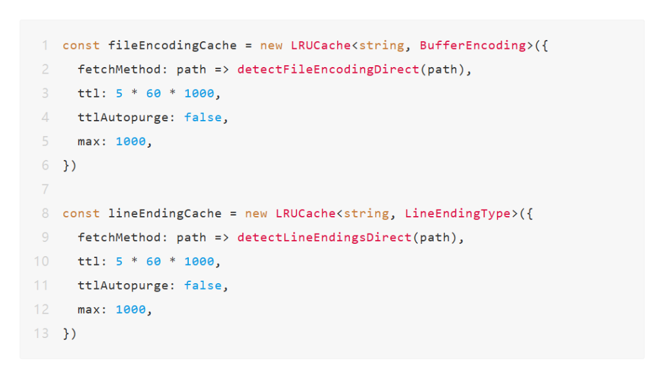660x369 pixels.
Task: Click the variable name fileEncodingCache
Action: coord(173,46)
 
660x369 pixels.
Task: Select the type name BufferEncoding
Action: coord(472,46)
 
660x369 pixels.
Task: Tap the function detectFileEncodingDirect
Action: coord(328,70)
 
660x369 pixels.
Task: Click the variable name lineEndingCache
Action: coord(165,214)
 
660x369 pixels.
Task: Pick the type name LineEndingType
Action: coord(458,214)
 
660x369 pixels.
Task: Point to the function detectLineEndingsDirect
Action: coord(325,237)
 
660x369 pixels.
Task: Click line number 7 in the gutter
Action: coord(45,189)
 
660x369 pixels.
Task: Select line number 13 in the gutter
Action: coord(41,334)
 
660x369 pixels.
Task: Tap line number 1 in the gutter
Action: coord(45,45)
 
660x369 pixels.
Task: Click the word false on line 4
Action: coord(203,117)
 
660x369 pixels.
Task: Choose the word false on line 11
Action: coord(203,285)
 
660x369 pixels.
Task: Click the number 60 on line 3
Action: coord(153,93)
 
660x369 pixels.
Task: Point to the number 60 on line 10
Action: coord(153,261)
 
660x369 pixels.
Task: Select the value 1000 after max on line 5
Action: coord(131,141)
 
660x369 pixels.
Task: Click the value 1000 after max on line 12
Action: coord(131,309)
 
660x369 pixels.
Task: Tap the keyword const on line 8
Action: coord(81,214)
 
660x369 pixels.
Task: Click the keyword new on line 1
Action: coord(271,46)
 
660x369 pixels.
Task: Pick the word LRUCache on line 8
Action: coord(306,214)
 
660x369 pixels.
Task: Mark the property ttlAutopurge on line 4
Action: coord(123,117)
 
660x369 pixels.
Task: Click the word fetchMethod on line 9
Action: coord(119,237)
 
